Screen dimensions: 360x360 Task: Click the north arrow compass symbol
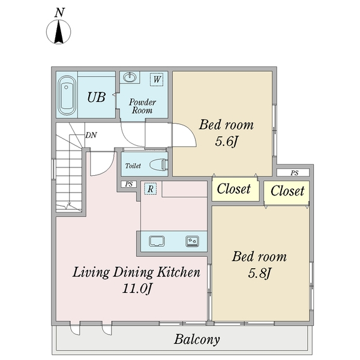click(x=59, y=32)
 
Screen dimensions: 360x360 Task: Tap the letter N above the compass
click(x=59, y=13)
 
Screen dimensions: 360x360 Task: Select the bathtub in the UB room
click(x=67, y=95)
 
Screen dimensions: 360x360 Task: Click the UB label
click(x=97, y=97)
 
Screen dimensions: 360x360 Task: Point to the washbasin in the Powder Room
click(x=130, y=77)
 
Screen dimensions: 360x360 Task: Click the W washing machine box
click(x=157, y=79)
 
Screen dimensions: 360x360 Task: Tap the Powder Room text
click(x=142, y=106)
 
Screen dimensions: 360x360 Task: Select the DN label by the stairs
click(x=91, y=135)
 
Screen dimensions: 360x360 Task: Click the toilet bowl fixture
click(x=158, y=164)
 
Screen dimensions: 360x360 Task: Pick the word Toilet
click(x=133, y=166)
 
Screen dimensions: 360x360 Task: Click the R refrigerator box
click(x=151, y=189)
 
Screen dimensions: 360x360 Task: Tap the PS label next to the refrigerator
click(x=129, y=184)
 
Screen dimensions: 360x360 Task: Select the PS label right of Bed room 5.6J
click(x=295, y=173)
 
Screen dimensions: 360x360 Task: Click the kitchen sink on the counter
click(x=157, y=241)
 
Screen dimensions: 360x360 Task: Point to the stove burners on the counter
click(x=193, y=241)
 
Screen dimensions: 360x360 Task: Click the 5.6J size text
click(x=226, y=141)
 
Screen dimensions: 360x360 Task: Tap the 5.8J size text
click(x=260, y=273)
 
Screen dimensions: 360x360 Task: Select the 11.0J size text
click(x=137, y=289)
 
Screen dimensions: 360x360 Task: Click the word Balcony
click(x=197, y=340)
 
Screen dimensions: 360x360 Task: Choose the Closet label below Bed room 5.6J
click(x=234, y=189)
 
